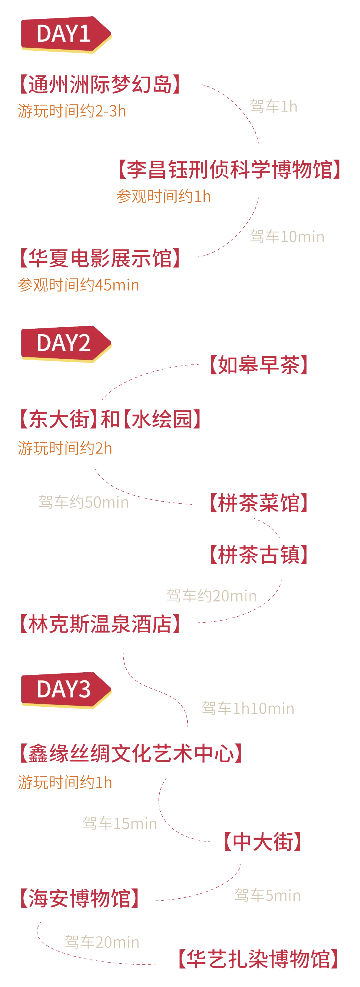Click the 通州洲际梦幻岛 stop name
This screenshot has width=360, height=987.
[100, 84]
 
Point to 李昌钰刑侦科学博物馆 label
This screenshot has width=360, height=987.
[229, 169]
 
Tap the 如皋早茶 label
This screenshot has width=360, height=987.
[260, 365]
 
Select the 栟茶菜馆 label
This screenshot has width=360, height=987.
[260, 503]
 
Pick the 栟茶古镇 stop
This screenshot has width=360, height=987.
[260, 554]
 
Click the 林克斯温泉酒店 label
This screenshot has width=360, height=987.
[100, 624]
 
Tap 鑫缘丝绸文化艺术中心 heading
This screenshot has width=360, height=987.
[131, 753]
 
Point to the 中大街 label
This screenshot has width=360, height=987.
[263, 841]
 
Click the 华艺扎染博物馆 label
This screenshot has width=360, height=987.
[259, 959]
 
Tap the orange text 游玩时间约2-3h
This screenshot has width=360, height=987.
[72, 111]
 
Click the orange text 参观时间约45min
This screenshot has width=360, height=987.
[78, 285]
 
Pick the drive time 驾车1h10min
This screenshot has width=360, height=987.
[248, 708]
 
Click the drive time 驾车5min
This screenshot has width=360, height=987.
[267, 895]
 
